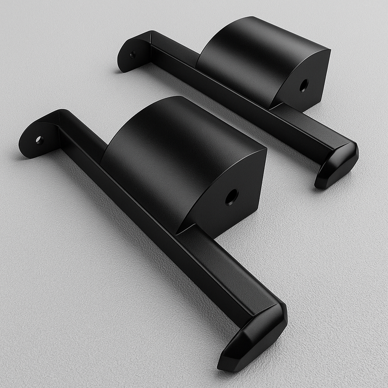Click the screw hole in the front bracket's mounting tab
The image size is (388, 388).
(39, 140)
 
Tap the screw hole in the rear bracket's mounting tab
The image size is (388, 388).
(132, 55)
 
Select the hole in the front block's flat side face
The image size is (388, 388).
(232, 196)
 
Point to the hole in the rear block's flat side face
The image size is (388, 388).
(304, 86)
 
